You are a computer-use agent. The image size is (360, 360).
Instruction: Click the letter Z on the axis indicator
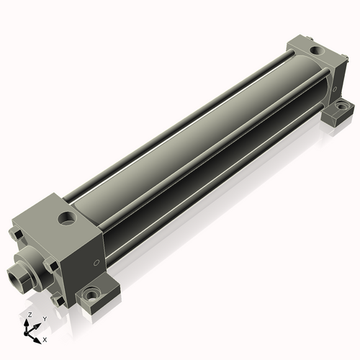[x=30, y=315]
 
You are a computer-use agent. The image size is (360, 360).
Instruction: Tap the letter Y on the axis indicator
[x=45, y=319]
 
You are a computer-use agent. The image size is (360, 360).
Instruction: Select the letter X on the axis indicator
[x=45, y=340]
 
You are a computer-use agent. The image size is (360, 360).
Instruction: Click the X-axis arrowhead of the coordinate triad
[x=37, y=341]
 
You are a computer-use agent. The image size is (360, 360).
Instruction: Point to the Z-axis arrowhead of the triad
[x=27, y=323]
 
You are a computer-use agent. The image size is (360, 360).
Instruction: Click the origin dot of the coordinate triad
[x=25, y=333]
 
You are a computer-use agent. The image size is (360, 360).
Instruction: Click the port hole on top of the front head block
[x=68, y=219]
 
